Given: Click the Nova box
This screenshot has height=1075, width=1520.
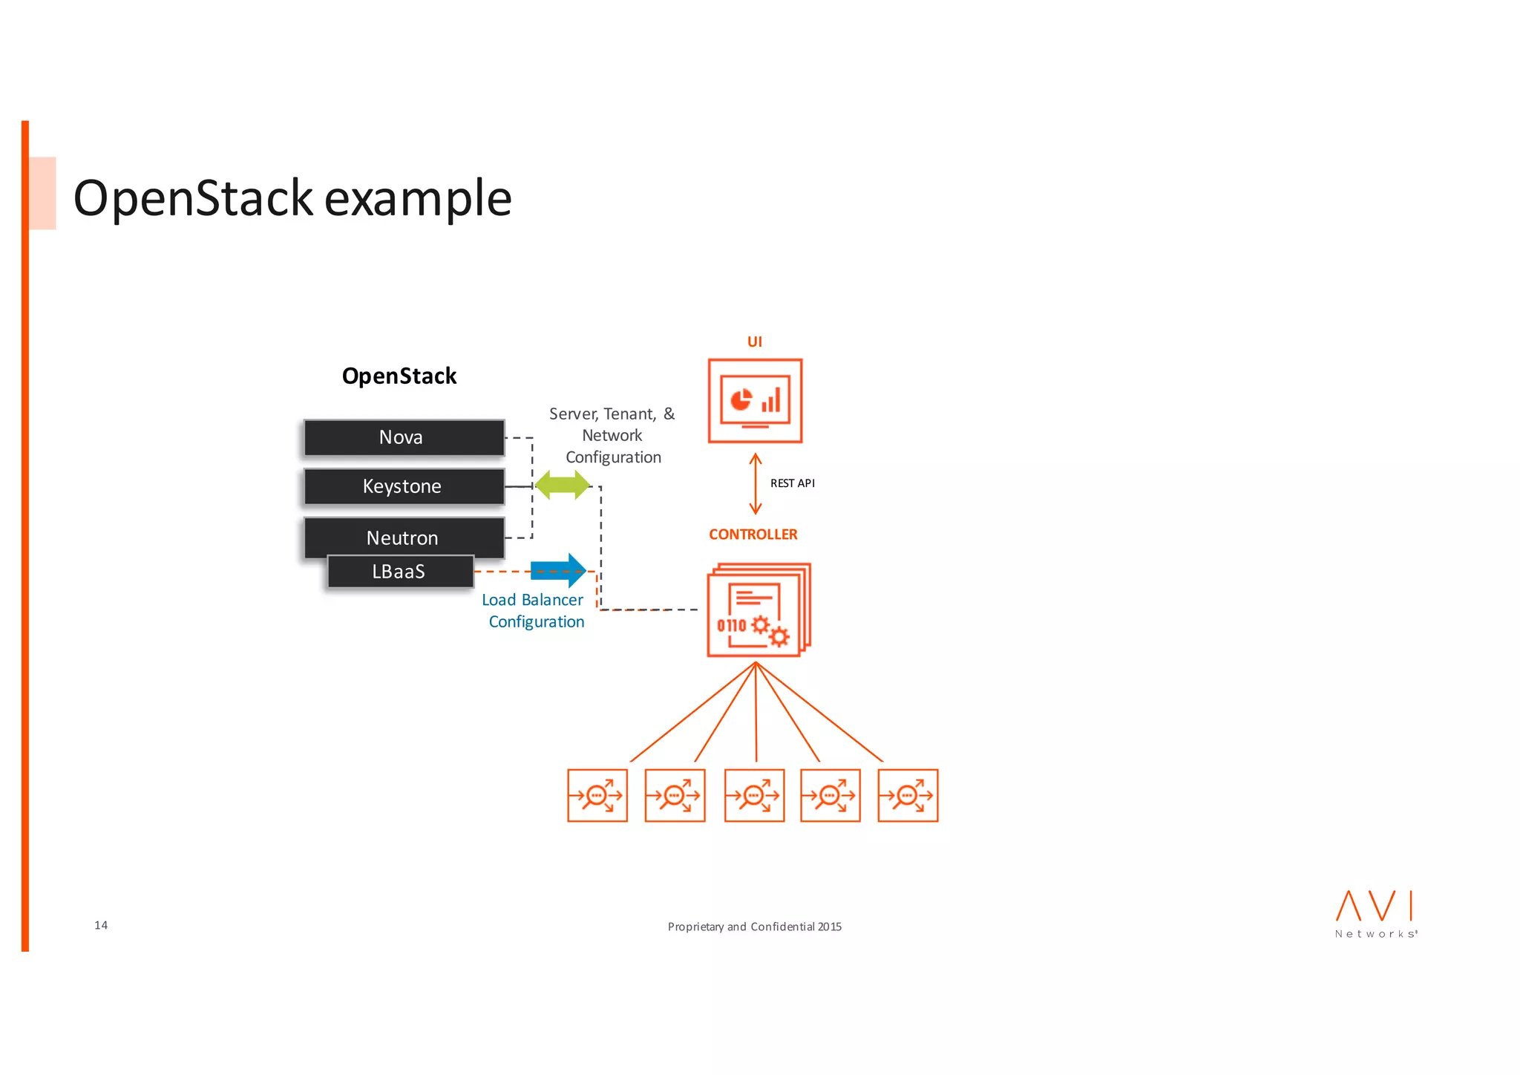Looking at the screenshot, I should click(x=404, y=437).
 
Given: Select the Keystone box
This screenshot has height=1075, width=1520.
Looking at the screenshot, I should click(x=404, y=486).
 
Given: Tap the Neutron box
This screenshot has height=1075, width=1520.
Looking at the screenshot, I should click(x=404, y=535).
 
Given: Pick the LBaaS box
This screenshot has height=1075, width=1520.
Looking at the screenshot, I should click(x=400, y=572).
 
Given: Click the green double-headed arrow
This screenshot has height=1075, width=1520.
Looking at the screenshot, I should click(x=563, y=486).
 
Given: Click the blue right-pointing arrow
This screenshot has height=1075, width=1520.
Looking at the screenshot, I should click(x=559, y=570).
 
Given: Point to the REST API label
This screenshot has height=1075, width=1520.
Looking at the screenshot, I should click(x=792, y=483).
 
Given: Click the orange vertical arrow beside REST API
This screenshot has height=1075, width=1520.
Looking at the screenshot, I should click(x=756, y=484).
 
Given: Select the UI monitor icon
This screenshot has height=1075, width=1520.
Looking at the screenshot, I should click(x=755, y=401).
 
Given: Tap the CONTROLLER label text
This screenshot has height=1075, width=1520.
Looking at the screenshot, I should click(x=753, y=535).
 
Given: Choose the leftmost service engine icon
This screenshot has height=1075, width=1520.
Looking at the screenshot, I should click(x=597, y=796).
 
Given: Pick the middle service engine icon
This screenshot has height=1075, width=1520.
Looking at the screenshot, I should click(x=754, y=796).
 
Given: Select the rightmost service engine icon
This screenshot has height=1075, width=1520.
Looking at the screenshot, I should click(x=908, y=796).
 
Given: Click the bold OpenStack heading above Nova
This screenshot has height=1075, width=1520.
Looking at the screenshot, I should click(x=399, y=376).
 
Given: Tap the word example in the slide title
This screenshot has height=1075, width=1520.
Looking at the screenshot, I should click(x=418, y=199).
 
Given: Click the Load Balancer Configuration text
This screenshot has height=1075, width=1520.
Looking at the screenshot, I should click(x=534, y=611).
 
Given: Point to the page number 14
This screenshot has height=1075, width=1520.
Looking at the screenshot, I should click(x=101, y=925).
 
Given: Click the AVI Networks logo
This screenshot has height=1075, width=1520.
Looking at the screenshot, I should click(x=1375, y=914).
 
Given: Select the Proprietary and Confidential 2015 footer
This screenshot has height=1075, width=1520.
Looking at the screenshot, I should click(x=754, y=927).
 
